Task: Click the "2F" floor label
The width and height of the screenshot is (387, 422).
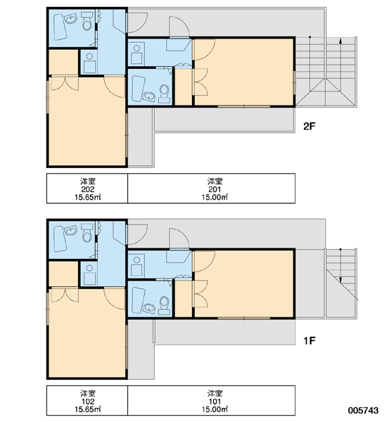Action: click(x=309, y=126)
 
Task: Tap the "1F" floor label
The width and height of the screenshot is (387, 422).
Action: click(x=309, y=340)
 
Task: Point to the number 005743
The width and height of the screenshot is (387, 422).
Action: click(x=363, y=410)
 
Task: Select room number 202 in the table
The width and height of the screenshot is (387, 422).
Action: click(x=88, y=189)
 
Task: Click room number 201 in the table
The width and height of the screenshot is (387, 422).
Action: click(x=215, y=189)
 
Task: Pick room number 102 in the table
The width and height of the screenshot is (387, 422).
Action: click(x=88, y=402)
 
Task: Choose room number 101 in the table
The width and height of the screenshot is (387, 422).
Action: click(x=215, y=402)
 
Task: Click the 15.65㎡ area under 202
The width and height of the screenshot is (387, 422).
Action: click(x=87, y=197)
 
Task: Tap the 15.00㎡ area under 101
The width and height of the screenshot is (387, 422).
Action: click(x=215, y=409)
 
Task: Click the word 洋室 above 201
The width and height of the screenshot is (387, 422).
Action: click(x=215, y=181)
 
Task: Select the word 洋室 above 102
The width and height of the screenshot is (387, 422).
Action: click(x=88, y=393)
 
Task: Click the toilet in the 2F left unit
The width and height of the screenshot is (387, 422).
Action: click(x=87, y=21)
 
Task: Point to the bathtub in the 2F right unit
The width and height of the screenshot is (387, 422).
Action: click(x=138, y=89)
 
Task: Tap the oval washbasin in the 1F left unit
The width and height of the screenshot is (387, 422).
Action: click(x=70, y=231)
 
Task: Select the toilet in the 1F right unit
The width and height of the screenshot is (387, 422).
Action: click(x=164, y=306)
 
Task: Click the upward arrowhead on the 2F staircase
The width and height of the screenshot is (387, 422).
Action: click(x=341, y=41)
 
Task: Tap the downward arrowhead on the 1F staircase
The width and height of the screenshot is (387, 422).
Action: click(x=341, y=280)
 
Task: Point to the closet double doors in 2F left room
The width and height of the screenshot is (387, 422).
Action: click(x=65, y=84)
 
